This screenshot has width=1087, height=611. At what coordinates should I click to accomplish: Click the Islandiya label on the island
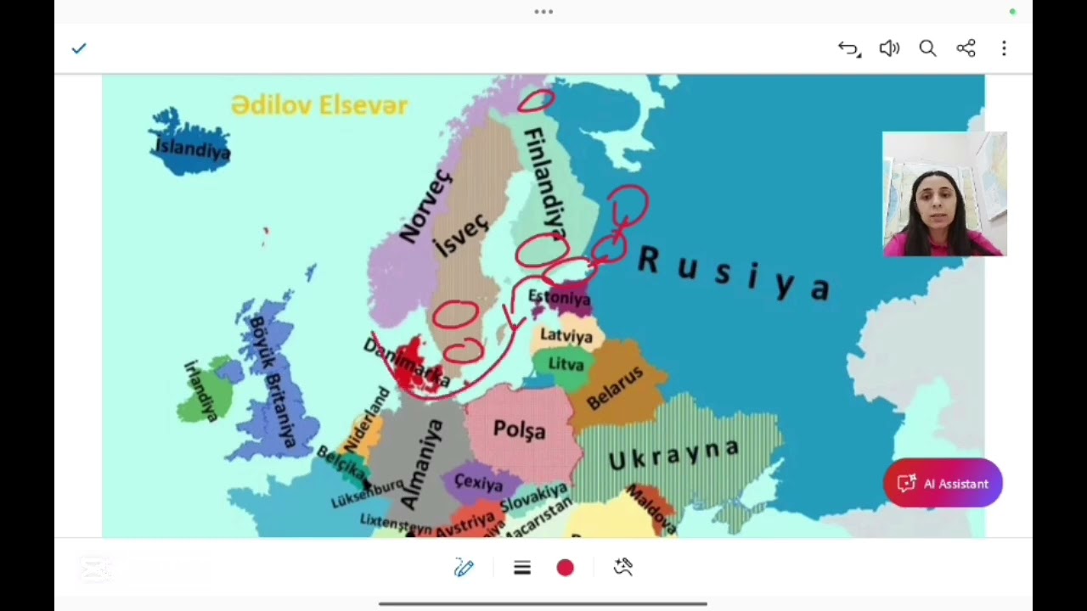coord(192,149)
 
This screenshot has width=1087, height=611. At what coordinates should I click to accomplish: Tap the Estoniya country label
coord(559,298)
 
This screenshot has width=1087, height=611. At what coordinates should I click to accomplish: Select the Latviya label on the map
coord(566,335)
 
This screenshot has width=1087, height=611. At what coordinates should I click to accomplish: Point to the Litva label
coord(566,364)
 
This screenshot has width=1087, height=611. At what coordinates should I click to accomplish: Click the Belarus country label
coord(615,389)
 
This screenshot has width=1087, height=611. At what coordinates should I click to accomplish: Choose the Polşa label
coord(519,430)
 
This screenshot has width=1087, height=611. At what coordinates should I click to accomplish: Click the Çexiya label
coord(478,483)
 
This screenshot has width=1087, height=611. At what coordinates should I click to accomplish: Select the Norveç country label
coord(425,206)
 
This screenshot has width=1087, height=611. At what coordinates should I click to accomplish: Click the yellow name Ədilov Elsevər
coord(319,105)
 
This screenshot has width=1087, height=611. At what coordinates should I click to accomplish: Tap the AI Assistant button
coord(943,484)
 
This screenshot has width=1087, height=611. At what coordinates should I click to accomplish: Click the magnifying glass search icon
coord(927,48)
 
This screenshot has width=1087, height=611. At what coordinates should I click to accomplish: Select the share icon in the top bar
coord(966,48)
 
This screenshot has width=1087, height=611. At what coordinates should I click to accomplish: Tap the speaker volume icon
coord(889,48)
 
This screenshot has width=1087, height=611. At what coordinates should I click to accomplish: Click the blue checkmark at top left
coord(79,48)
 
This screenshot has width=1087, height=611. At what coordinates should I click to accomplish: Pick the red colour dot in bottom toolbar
coord(565,568)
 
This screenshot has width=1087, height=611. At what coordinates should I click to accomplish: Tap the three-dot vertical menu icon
coord(1004,48)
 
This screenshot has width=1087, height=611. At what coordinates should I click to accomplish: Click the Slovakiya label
coord(533,498)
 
